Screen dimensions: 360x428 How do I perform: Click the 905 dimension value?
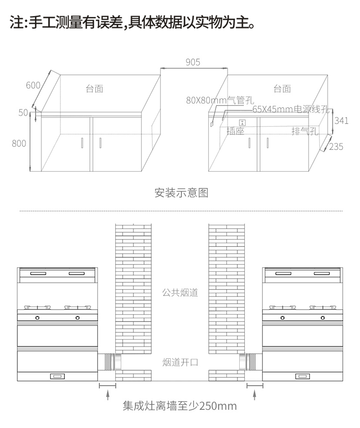193,62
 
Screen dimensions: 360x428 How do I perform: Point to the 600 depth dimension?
33,85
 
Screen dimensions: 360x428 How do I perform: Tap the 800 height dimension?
19,143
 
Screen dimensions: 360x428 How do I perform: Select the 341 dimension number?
341,121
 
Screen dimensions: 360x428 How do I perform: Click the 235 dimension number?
336,147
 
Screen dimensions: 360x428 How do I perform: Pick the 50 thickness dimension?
23,112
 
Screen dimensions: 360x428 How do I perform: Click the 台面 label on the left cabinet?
94,89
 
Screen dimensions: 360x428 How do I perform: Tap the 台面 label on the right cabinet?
282,89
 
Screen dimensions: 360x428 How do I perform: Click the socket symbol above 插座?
242,122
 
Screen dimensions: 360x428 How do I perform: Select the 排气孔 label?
305,131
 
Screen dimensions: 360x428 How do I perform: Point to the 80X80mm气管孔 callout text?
220,100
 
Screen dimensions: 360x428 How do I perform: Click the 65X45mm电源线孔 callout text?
291,109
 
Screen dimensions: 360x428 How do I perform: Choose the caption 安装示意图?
181,193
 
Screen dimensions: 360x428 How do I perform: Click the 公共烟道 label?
180,293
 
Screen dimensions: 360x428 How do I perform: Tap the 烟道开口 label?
180,362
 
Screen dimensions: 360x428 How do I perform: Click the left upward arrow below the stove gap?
108,395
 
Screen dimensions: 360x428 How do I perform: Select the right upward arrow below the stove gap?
255,395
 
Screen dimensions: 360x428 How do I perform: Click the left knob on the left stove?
37,318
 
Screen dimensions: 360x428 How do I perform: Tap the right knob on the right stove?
323,318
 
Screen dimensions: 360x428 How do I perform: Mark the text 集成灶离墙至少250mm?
180,406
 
